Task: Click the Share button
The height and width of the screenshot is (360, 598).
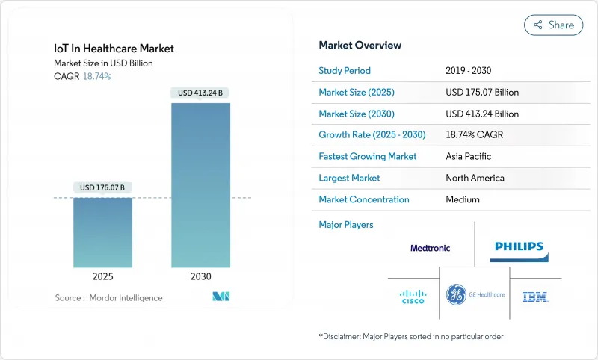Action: tap(553, 25)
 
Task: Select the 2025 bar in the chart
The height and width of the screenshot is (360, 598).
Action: tap(102, 232)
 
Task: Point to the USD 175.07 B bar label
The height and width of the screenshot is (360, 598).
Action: tap(102, 187)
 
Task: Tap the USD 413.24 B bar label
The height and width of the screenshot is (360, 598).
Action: tap(200, 93)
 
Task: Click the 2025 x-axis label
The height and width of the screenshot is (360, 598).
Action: tap(102, 276)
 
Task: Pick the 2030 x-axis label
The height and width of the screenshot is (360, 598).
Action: tap(200, 276)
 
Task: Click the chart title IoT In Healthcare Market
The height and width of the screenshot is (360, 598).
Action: tap(114, 49)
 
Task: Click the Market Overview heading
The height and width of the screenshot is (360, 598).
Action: tap(360, 46)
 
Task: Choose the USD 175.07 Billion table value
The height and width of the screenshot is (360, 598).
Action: tap(481, 93)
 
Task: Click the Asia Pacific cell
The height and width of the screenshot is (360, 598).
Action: tap(468, 157)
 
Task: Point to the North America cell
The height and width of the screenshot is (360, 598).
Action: tap(474, 178)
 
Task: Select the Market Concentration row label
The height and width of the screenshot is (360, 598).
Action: tap(363, 199)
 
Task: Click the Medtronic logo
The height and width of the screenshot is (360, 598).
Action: tap(430, 248)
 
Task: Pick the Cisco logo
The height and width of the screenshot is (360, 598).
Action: tap(413, 297)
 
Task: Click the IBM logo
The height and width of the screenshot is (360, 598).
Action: tap(535, 297)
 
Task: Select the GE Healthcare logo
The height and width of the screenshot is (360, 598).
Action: tap(475, 295)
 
